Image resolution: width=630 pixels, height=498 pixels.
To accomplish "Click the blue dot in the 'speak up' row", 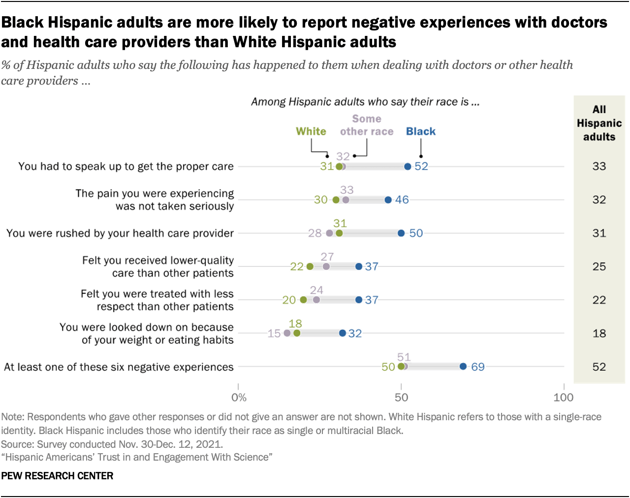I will [408, 167].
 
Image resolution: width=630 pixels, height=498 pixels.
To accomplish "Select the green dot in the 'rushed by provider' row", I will [339, 233].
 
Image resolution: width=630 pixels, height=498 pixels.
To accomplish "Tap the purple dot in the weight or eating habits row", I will [287, 333].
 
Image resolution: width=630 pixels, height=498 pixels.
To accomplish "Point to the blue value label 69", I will [477, 367].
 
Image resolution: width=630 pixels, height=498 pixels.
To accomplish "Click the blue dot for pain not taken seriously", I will [388, 200].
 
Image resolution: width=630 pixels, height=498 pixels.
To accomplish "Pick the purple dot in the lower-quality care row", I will [326, 266].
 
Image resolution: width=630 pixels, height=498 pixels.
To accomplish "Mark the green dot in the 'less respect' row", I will [303, 300].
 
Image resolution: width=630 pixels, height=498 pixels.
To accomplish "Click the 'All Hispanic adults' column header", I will [599, 123].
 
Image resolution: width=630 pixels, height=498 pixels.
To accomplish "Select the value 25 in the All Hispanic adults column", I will [599, 266].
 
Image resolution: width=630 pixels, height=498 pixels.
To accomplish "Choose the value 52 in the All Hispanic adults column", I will [599, 367].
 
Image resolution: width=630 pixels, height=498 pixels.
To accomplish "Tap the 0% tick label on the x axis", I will [239, 397].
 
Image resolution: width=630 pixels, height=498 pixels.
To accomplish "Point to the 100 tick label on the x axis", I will [564, 397].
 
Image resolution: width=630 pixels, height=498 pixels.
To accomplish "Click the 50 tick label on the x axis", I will [401, 397].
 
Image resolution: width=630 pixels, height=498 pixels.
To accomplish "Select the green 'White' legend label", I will [311, 131].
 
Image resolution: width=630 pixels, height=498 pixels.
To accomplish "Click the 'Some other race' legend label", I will [367, 125].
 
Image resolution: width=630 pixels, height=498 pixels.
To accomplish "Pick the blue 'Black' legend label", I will [421, 131].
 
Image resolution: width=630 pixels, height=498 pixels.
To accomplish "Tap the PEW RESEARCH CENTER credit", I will [57, 476].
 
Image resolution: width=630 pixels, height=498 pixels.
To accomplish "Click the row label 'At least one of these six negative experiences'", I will [119, 367].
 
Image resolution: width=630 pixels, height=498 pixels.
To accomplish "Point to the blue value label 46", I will [402, 200].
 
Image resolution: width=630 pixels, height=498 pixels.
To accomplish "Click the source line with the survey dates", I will [112, 444].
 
